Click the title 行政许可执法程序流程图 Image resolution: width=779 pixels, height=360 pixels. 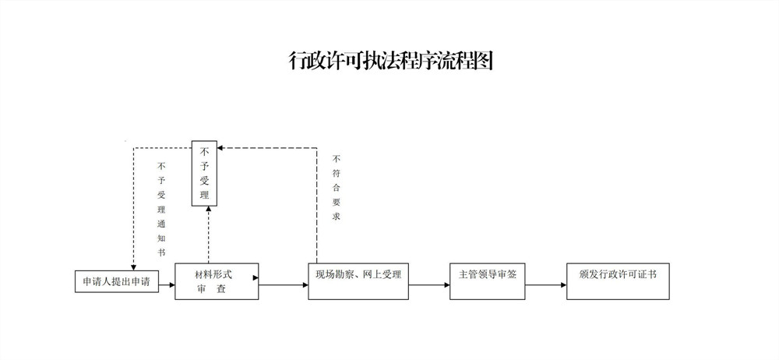(391, 61)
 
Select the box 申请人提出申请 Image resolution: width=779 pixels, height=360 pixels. (117, 281)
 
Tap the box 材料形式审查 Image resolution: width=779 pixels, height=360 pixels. (217, 281)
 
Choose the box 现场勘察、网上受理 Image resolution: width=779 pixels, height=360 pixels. (358, 281)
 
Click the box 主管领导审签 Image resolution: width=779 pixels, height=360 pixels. (487, 281)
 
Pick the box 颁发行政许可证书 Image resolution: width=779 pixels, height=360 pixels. (618, 281)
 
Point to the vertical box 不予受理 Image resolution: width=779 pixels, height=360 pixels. (204, 173)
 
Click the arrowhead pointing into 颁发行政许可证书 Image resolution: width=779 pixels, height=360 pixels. (563, 285)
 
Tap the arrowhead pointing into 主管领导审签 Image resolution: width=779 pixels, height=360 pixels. (446, 285)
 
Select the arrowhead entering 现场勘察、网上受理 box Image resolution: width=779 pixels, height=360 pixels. (305, 285)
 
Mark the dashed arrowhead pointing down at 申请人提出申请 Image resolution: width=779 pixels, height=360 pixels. (133, 267)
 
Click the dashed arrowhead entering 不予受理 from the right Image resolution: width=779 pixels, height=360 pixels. (220, 148)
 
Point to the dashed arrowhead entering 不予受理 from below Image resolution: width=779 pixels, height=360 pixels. (209, 210)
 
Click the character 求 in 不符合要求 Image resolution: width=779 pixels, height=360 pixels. (337, 217)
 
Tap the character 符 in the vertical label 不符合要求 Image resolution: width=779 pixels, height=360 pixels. (337, 174)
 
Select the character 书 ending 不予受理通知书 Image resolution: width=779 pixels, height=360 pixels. (161, 252)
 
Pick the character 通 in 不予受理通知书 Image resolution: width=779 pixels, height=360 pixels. (161, 224)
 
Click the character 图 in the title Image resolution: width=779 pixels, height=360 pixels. (483, 61)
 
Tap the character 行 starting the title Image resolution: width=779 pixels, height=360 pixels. (298, 61)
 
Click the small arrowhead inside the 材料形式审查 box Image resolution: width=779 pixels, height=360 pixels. (256, 278)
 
